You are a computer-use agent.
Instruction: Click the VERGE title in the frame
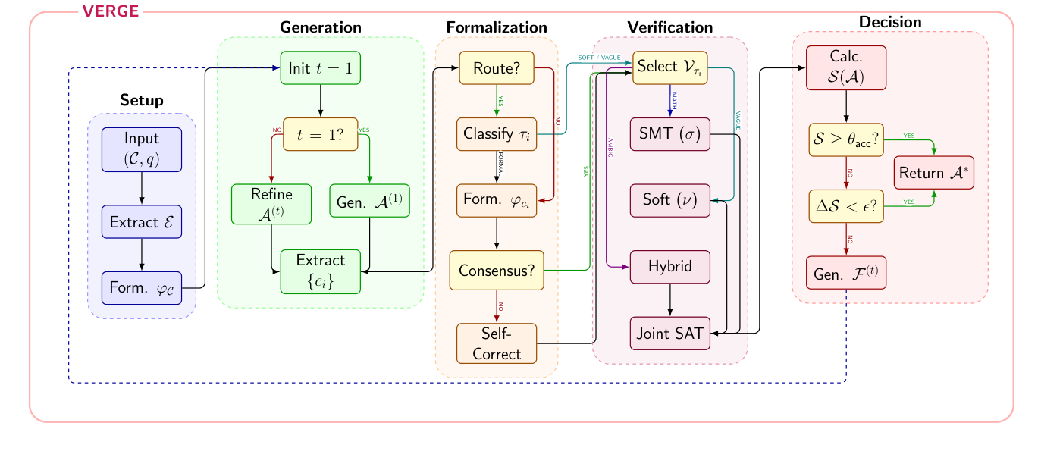pos(110,11)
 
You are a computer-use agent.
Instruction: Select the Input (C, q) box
pos(142,149)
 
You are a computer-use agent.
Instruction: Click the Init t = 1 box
pos(320,67)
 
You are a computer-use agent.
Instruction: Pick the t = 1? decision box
pos(320,134)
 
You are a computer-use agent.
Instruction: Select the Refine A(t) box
pos(271,204)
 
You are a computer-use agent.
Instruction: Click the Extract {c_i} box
pos(320,271)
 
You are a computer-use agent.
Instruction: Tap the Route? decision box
pos(497,67)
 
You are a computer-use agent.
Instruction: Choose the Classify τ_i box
pos(497,134)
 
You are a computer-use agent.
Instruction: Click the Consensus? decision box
pos(497,270)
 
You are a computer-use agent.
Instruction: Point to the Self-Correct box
pos(497,343)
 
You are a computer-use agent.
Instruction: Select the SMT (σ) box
pos(670,134)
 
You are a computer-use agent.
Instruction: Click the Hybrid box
pos(670,267)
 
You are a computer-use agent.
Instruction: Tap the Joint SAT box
pos(670,334)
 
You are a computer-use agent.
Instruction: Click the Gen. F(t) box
pos(846,273)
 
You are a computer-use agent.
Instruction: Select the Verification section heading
pos(669,27)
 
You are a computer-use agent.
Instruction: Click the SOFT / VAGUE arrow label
pos(599,57)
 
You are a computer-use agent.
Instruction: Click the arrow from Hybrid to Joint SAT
pos(670,300)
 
